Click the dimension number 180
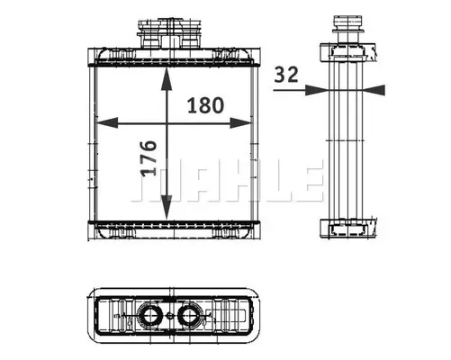tap(205, 105)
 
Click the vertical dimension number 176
tap(149, 157)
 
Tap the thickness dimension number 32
tap(286, 75)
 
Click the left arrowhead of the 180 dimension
tap(106, 122)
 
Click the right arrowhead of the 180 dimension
tap(240, 122)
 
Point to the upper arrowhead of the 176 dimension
tap(167, 79)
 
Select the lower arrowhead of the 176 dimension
tap(167, 207)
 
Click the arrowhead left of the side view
tap(316, 90)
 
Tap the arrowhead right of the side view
tap(374, 90)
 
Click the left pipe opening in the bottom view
tap(149, 315)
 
